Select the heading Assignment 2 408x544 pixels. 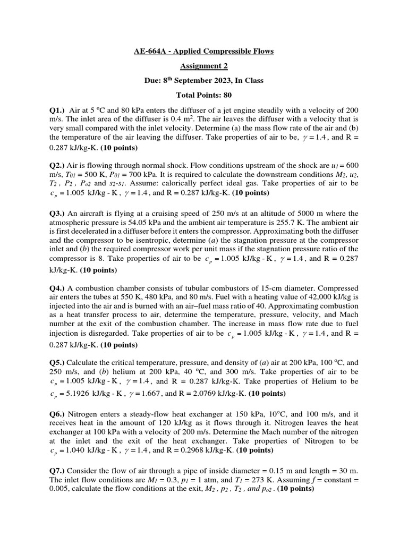[x=204, y=66]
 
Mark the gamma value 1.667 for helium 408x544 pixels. [x=150, y=394]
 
